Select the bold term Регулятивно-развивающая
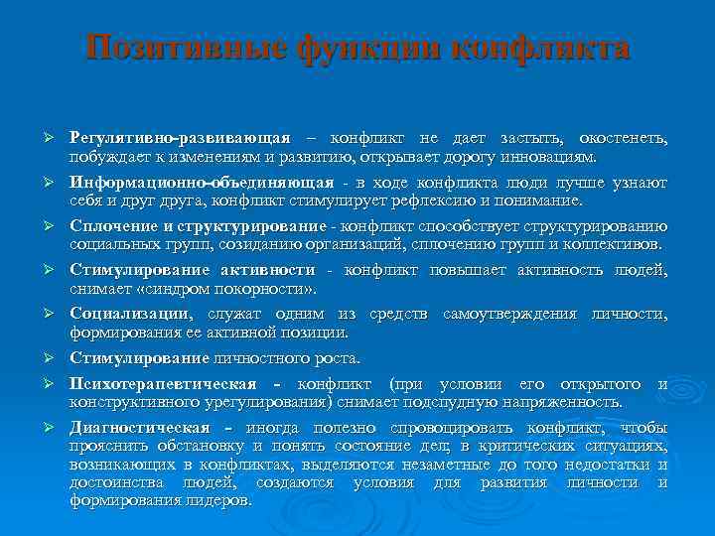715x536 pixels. point(180,137)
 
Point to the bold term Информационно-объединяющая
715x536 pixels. point(202,183)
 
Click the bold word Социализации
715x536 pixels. point(130,314)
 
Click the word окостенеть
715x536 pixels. point(625,137)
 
